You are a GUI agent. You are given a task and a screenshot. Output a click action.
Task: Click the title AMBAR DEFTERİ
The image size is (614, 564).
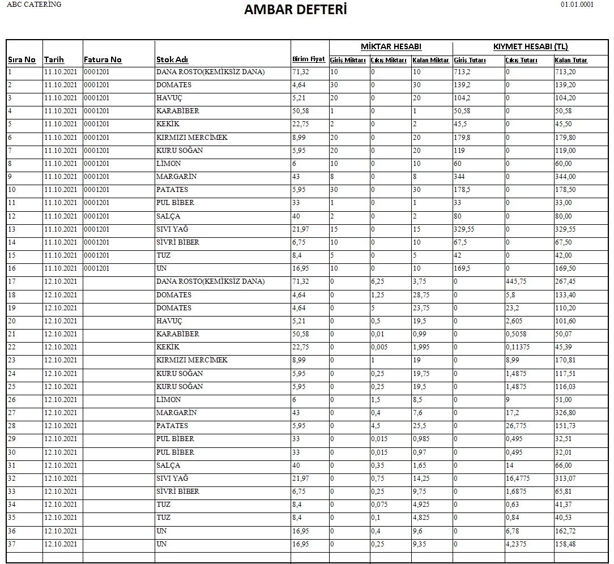coord(295,10)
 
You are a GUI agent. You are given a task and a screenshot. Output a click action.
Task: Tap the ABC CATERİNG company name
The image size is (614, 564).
coord(34,5)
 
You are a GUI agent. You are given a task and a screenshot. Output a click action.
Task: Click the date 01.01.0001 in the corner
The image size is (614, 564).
coord(577,5)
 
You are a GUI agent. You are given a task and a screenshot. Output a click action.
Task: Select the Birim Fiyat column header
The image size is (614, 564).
coord(309,59)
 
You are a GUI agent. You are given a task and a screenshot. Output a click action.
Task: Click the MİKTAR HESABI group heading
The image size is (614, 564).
coord(391,47)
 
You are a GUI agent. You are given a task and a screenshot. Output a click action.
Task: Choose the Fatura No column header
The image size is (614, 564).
coord(103,59)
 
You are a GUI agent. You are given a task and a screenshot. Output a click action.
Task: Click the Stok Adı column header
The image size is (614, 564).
coord(172,59)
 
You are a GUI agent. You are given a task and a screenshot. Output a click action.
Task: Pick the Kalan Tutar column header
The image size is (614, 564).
coord(571,60)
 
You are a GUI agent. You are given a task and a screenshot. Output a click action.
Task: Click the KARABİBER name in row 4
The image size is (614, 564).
coord(178,111)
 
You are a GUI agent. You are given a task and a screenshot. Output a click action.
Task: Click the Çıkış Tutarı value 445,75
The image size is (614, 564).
coord(516,281)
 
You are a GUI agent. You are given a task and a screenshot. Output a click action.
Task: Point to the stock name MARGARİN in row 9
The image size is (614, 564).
coord(177,177)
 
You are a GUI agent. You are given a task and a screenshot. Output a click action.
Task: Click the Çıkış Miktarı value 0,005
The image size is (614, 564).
coord(380,347)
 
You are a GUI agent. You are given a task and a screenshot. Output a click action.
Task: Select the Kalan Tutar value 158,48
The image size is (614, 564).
coord(565,544)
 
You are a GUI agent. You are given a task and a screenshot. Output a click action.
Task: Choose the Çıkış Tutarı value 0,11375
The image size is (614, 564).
coord(518,347)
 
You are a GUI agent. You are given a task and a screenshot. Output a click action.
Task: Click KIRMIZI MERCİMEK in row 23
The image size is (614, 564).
coord(192,360)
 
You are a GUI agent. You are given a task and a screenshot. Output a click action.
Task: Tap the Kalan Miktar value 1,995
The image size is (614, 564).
coord(421,347)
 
